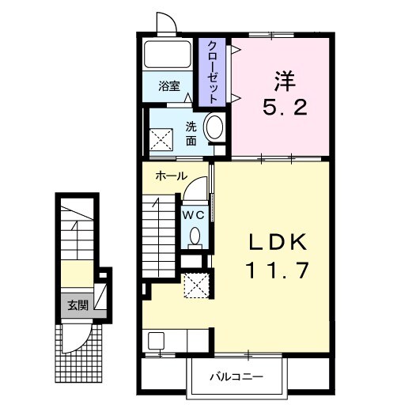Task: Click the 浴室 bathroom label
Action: pos(169,86)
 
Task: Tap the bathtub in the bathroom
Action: pos(167,55)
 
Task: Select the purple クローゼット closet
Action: pos(212,72)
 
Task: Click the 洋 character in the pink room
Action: pos(285,81)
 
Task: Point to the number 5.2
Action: pos(285,107)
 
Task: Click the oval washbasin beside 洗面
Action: pos(214,127)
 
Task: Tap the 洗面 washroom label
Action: pos(191,134)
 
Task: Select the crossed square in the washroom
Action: pos(161,139)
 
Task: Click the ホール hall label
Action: pos(172,176)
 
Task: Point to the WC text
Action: pos(194,215)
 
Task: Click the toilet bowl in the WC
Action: pos(195,236)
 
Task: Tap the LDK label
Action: pos(278,241)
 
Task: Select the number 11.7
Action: pos(278,270)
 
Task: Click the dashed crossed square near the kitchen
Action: pos(196,286)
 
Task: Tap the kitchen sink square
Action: pos(156,340)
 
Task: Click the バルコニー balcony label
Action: pos(236,376)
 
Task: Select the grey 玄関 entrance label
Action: pos(78,305)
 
